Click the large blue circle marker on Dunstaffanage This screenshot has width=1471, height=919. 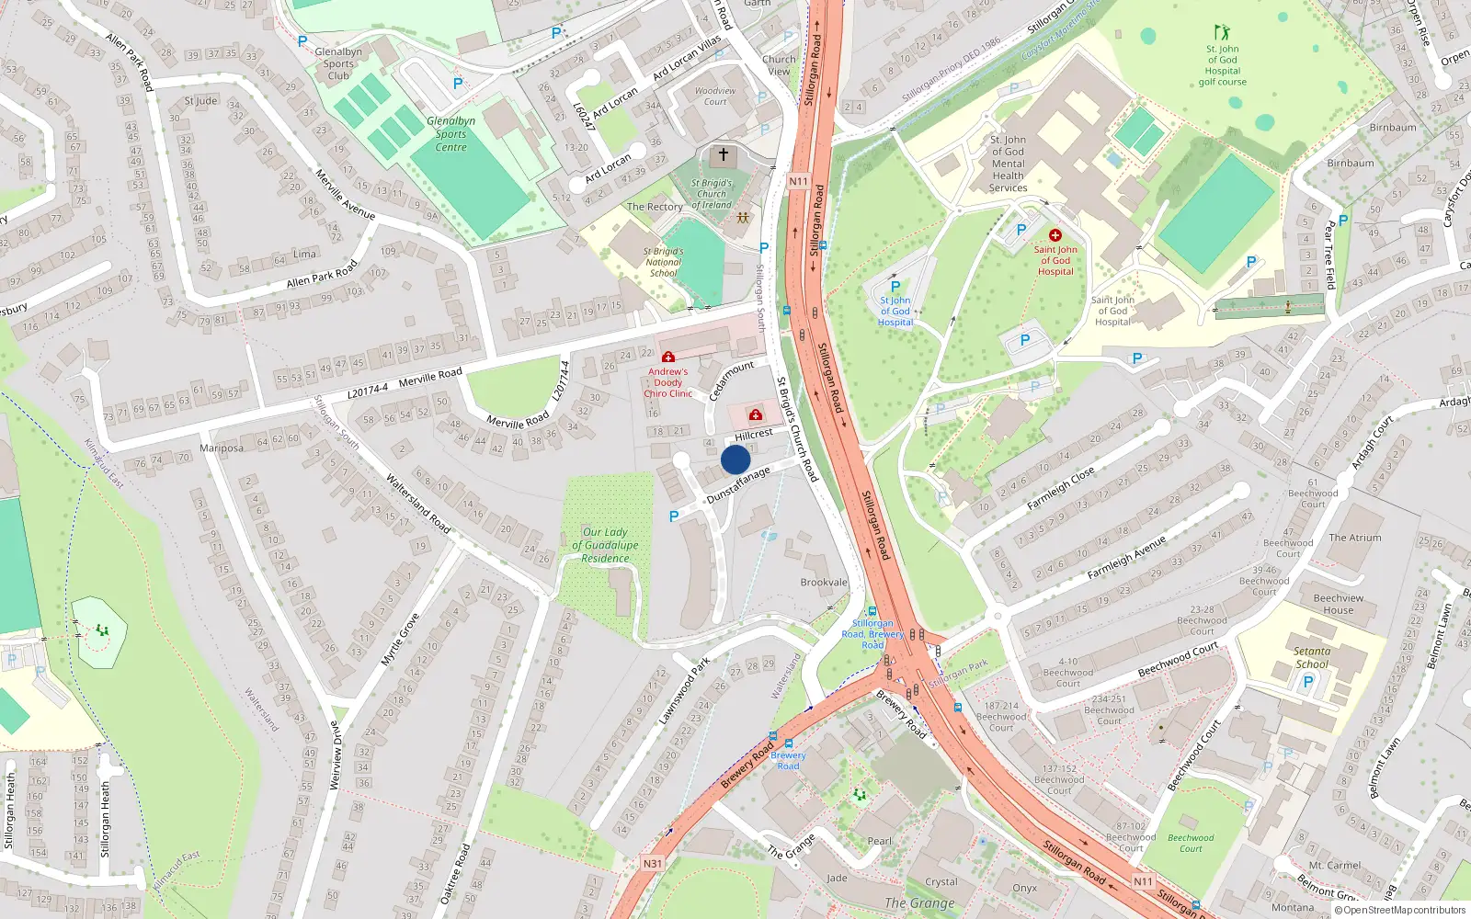point(735,459)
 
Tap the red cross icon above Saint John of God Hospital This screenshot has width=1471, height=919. point(1055,235)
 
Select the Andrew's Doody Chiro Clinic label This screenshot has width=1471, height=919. point(668,382)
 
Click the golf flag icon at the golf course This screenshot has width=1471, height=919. point(1222,33)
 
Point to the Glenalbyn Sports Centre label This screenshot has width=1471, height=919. point(450,134)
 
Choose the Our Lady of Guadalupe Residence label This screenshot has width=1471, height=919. point(605,545)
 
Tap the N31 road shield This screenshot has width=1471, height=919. point(652,863)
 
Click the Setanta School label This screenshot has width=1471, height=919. point(1312,657)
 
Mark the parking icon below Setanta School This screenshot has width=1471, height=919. point(1308,682)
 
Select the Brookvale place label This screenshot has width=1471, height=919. point(824,583)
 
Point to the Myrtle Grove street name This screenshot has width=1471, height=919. point(400,640)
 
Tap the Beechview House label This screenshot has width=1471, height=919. point(1339,604)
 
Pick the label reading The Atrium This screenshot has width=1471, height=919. point(1355,538)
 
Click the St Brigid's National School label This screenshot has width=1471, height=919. point(663,262)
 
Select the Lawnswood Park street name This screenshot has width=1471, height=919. point(684,690)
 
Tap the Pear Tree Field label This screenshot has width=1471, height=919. point(1329,255)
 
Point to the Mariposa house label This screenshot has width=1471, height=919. point(222,448)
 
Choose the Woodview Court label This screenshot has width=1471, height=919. point(715,96)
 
